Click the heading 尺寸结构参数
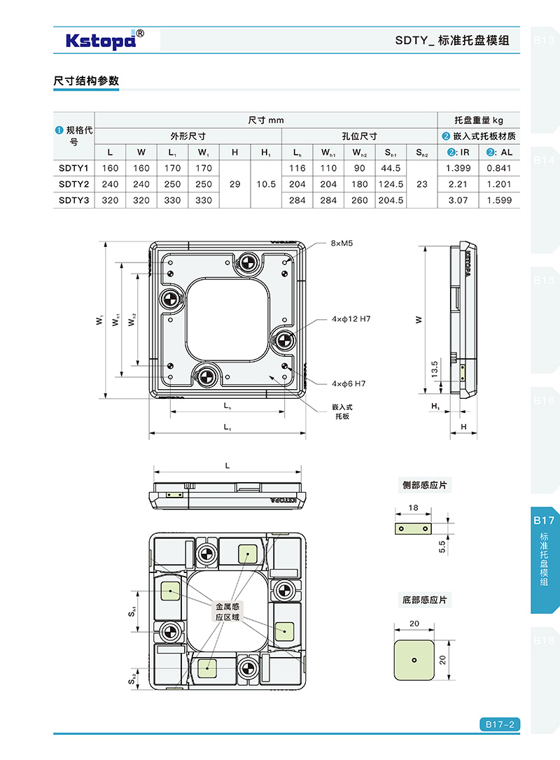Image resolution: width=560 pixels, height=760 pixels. (86, 80)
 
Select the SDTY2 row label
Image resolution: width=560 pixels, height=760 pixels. (73, 184)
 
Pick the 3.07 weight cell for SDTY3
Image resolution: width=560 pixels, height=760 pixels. (458, 200)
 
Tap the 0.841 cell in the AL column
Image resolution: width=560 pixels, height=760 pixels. (499, 168)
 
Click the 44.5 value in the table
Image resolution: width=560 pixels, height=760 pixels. (391, 168)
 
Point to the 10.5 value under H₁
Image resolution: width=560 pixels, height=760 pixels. (266, 184)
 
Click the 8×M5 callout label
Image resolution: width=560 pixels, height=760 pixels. (343, 244)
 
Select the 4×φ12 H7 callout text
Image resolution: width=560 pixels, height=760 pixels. (351, 319)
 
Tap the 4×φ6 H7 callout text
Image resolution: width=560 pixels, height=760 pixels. (349, 383)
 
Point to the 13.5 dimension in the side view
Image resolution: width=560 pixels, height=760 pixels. (434, 368)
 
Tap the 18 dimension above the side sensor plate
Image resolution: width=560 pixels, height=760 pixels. (413, 507)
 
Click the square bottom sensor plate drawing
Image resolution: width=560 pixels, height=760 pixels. (414, 659)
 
